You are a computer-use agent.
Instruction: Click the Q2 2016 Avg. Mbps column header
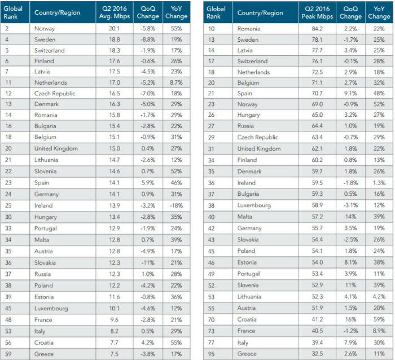coord(115,12)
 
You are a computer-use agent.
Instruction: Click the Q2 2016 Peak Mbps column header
coord(317,12)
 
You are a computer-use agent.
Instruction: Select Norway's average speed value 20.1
coord(115,28)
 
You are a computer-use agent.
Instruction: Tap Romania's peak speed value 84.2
coord(317,29)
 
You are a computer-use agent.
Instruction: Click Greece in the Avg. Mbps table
coord(44,354)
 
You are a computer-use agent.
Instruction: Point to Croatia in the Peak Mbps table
coord(247,319)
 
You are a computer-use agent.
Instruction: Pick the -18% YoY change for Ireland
coord(176,205)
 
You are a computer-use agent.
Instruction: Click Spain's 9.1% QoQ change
coord(350,94)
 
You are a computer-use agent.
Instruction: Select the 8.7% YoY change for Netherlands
coord(176,82)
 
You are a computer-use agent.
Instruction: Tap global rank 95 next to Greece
coord(212,354)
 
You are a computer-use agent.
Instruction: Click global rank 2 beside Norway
coord(7,28)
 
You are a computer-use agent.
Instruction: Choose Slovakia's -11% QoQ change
coord(148,263)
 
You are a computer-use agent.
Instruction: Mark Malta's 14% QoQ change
coord(350,217)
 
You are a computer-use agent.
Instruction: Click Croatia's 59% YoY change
coord(379,319)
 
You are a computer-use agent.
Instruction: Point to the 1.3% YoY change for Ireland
coord(379,183)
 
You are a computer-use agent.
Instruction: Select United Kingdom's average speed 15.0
coord(115,148)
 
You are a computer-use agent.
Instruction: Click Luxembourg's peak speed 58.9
coord(317,205)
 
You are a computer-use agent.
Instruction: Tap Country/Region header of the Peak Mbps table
coord(260,13)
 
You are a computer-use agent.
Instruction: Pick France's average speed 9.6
coord(115,320)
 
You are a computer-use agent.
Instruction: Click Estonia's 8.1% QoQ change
coord(350,262)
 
